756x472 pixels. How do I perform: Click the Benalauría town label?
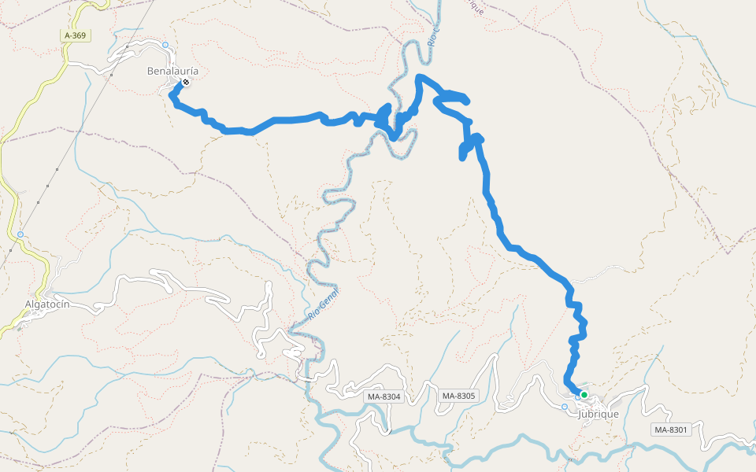click(x=172, y=71)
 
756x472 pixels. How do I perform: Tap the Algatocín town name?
click(x=53, y=304)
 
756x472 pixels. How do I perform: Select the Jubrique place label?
click(x=598, y=414)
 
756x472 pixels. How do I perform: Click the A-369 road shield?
click(x=75, y=35)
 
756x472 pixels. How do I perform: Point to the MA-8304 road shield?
click(x=384, y=396)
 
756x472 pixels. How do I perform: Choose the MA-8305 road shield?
click(x=458, y=396)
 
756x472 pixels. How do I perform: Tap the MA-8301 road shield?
click(x=671, y=430)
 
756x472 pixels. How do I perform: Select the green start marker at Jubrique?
click(x=584, y=395)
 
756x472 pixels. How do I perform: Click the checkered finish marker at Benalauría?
click(x=186, y=82)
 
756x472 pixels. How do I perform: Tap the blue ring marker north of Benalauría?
click(x=165, y=45)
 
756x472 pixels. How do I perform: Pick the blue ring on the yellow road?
click(x=20, y=234)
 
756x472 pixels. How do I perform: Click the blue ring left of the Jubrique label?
click(x=565, y=407)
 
